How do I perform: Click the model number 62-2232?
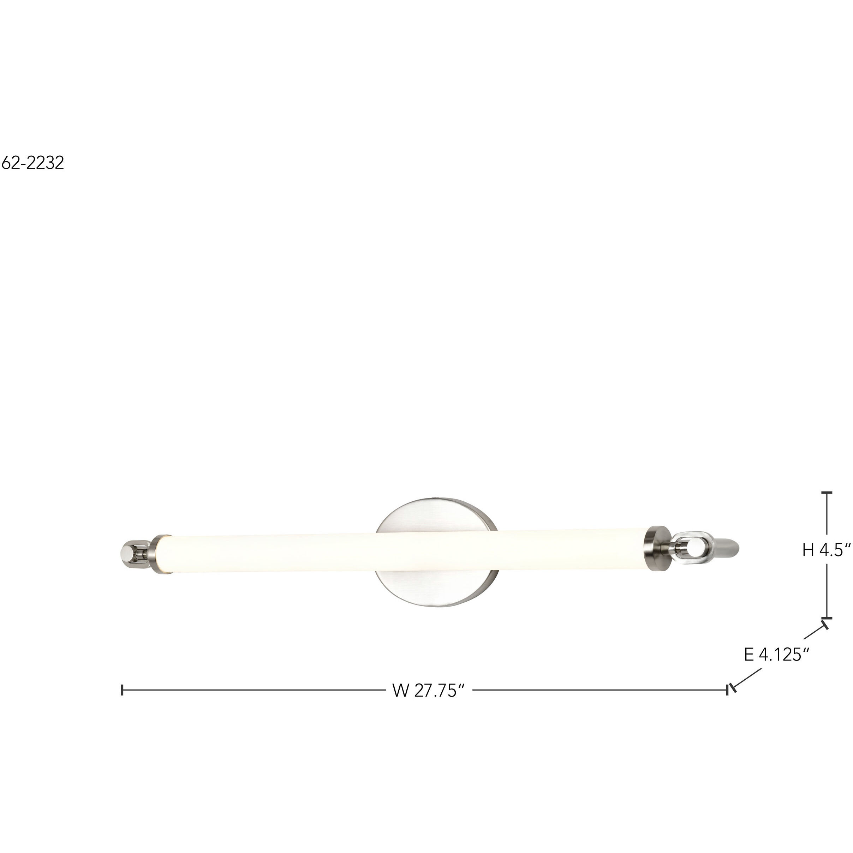pyautogui.click(x=33, y=163)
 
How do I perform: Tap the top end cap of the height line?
pyautogui.click(x=827, y=492)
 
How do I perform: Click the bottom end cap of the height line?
pyautogui.click(x=827, y=618)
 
